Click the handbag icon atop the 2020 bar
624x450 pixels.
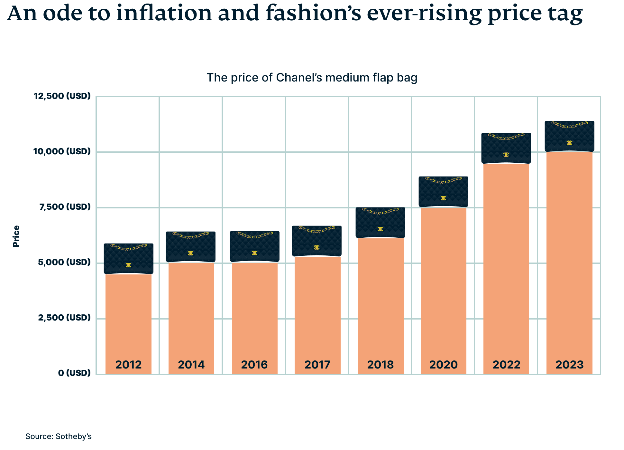tap(443, 192)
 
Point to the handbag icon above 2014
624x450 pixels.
tap(191, 247)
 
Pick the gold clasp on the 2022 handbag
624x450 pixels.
tap(506, 155)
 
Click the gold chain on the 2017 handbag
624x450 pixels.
tap(317, 230)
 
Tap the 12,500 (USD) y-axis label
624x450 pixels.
tap(62, 96)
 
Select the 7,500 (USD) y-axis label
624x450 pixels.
tap(65, 207)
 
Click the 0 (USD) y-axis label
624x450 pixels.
tap(74, 373)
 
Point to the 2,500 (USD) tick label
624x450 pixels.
tap(64, 318)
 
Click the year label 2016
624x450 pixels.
tap(254, 365)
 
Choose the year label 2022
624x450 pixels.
tap(506, 365)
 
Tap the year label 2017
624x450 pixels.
tap(317, 365)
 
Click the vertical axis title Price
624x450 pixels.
tap(16, 236)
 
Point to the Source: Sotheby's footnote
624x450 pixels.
tap(59, 436)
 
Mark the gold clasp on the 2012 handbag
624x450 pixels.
tap(128, 265)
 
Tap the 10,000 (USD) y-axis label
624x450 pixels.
tap(62, 151)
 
